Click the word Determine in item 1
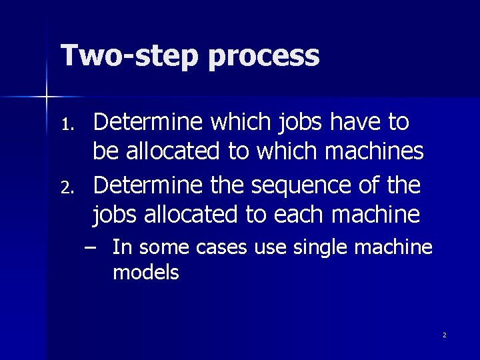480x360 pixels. click(147, 122)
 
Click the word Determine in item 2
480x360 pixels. click(147, 185)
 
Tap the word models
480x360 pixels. click(146, 272)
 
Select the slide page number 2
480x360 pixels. click(444, 335)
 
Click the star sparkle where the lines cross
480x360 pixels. click(46, 97)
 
